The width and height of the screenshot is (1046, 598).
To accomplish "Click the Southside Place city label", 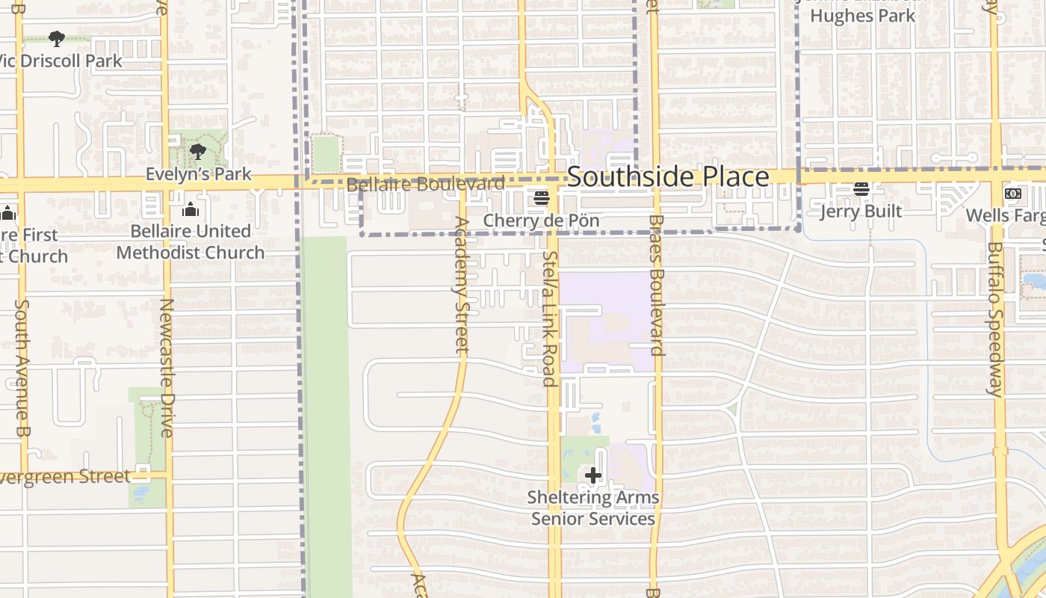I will (x=668, y=177).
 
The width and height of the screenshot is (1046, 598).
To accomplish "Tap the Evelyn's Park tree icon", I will (x=198, y=152).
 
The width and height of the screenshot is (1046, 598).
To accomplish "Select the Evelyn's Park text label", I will (x=198, y=174).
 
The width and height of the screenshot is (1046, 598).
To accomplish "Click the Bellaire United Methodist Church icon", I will (x=191, y=209).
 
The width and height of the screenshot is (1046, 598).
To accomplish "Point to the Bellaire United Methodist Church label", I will (x=191, y=242).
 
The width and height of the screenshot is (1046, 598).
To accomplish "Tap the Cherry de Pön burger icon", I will (x=542, y=199).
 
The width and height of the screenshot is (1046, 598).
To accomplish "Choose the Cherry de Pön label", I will (x=542, y=221).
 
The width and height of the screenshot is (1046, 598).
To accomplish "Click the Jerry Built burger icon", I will (x=861, y=190).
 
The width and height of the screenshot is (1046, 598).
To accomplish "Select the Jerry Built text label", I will (x=861, y=212).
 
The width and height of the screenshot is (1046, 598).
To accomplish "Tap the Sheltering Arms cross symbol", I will (x=593, y=475).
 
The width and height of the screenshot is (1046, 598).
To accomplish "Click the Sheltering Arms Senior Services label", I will (x=593, y=508).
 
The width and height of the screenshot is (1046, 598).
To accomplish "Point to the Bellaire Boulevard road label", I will (x=425, y=184).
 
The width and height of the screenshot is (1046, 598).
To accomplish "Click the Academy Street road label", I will (x=461, y=285).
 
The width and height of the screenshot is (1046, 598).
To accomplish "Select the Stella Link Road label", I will (x=551, y=318).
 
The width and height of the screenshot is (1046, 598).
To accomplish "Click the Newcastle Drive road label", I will (x=166, y=368).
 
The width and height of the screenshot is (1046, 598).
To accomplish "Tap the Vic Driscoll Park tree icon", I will (x=56, y=38).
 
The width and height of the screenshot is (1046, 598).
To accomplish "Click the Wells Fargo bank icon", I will (x=1013, y=194).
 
